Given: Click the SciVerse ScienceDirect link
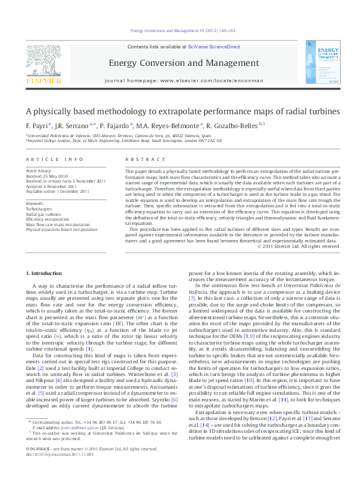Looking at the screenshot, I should [214, 47].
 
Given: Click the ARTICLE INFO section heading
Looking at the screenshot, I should [54, 159].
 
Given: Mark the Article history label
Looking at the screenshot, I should [39, 171].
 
